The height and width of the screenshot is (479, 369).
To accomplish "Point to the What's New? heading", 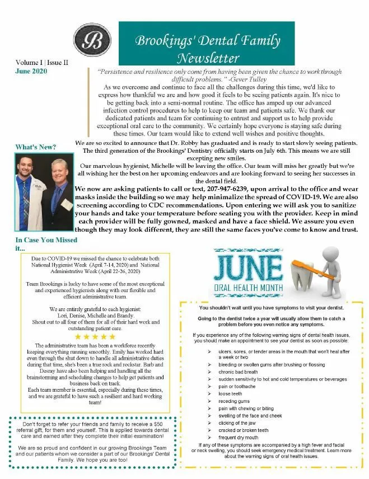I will click(36, 147).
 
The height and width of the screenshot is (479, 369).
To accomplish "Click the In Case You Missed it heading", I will click(39, 243).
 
